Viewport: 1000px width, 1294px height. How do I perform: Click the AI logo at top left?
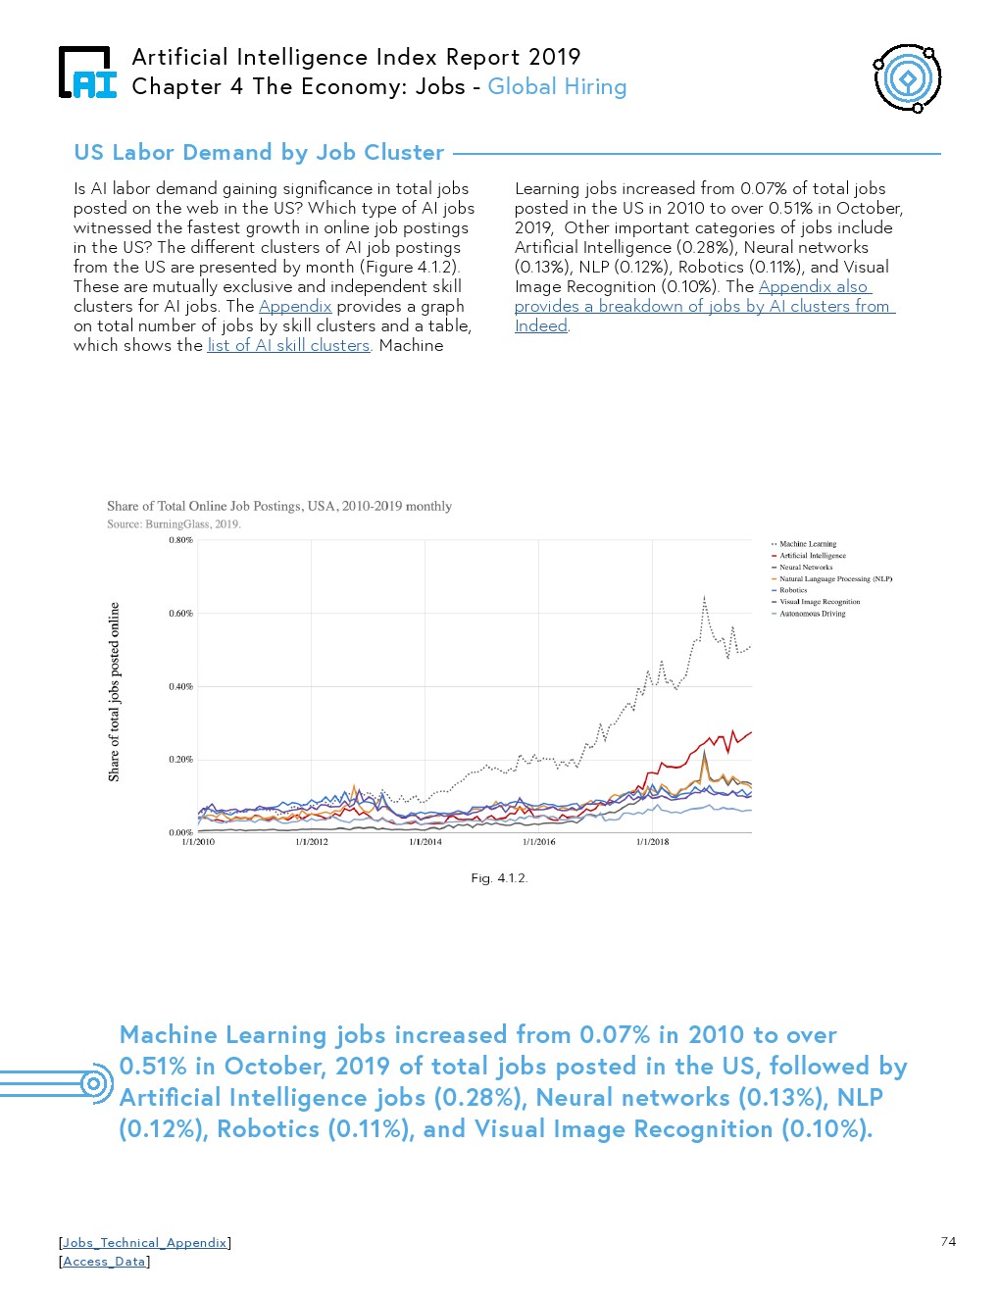tap(87, 73)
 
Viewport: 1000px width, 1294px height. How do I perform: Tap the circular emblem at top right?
tap(907, 78)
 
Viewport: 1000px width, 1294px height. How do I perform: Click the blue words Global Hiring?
tap(557, 87)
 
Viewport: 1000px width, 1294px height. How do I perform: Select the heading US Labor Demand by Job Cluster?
tap(259, 153)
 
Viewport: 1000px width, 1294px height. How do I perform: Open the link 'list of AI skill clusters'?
tap(288, 346)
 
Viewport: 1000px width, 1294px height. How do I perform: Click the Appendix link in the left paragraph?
tap(295, 307)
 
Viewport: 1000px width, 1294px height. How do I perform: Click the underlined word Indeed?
tap(540, 326)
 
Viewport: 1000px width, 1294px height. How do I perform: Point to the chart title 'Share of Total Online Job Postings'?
tap(279, 507)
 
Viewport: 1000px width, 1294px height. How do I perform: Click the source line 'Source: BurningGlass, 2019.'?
tap(174, 524)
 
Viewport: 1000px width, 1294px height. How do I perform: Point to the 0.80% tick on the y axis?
tap(181, 540)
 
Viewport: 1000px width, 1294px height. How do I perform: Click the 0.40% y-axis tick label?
tap(181, 686)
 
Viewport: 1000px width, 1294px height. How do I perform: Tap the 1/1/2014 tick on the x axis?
tap(425, 842)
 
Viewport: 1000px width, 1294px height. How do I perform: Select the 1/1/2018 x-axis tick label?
tap(652, 842)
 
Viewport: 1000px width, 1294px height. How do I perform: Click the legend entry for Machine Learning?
tap(807, 544)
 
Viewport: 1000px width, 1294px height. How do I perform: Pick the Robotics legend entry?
tap(793, 590)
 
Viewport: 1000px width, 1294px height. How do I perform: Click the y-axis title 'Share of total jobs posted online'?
tap(115, 691)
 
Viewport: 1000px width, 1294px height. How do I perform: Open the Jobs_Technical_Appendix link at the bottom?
tap(145, 1243)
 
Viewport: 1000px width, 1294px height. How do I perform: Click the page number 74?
tap(948, 1242)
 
